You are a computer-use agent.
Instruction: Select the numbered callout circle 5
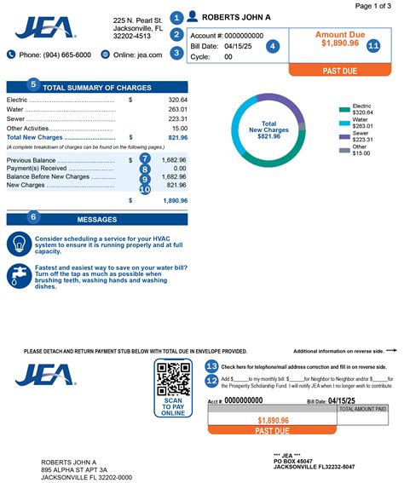pos(33,85)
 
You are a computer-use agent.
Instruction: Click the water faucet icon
pos(20,275)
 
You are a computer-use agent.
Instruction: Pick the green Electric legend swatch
pos(343,110)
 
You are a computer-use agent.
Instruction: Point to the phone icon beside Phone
pos(12,55)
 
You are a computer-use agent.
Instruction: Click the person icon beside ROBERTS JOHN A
pos(193,16)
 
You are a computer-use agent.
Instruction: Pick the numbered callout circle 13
pos(212,365)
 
